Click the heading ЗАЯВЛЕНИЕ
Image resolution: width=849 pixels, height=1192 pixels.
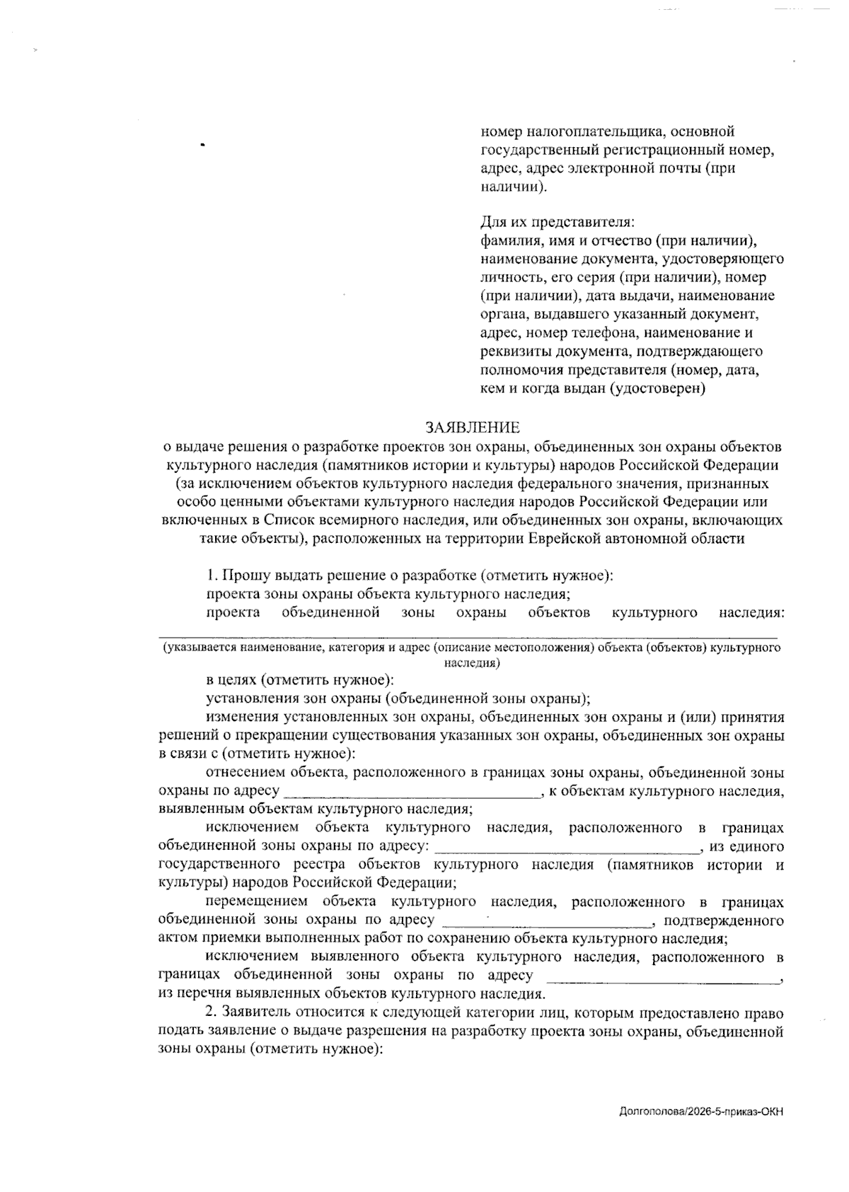coord(472,428)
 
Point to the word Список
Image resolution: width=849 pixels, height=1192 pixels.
coord(291,520)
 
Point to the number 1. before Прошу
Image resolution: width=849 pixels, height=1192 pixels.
coord(212,575)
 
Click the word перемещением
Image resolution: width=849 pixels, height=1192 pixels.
coord(257,902)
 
